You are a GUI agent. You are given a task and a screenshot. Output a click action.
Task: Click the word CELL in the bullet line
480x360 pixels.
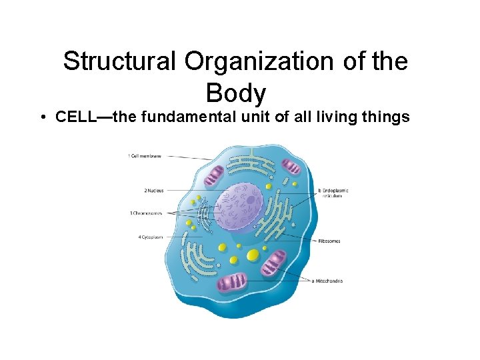pos(75,117)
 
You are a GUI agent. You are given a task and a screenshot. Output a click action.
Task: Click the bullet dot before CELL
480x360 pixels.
pos(42,118)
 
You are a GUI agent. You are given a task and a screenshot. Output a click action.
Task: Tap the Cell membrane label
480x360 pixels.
pos(145,156)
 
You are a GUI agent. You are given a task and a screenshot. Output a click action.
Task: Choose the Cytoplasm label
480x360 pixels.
pos(150,237)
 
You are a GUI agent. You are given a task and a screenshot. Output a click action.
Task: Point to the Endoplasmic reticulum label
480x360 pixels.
pos(334,193)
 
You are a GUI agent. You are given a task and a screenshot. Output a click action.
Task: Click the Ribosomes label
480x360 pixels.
pos(329,241)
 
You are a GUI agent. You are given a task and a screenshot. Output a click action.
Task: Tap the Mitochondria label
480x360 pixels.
pos(328,281)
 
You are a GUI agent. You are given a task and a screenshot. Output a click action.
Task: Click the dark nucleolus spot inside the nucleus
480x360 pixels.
pos(251,199)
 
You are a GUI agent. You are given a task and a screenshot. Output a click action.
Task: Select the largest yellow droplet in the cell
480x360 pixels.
pos(253,255)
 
